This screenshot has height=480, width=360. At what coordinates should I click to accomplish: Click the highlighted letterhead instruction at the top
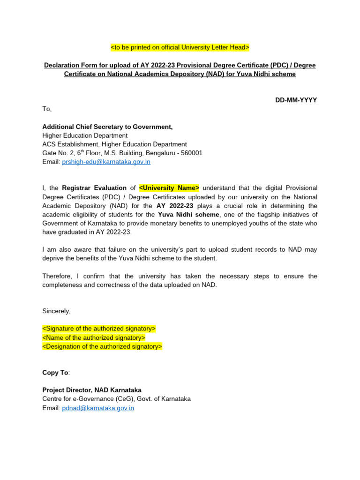[180, 47]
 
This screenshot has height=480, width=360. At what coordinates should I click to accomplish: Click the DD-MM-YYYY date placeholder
[296, 100]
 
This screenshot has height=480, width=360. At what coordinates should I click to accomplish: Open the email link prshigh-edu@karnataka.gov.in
[106, 162]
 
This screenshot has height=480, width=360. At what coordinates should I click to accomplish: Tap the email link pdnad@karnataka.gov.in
[98, 408]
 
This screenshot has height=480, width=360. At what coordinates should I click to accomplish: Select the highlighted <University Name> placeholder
[169, 188]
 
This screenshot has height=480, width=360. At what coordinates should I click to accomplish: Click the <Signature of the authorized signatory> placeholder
[99, 329]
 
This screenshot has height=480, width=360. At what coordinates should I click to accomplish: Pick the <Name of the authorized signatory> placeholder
[94, 337]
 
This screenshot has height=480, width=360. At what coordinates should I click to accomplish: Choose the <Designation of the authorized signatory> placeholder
[102, 346]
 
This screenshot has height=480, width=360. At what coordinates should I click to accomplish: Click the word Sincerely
[56, 311]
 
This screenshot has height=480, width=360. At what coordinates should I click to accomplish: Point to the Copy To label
[55, 372]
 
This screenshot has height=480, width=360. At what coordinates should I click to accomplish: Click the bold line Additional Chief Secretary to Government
[107, 127]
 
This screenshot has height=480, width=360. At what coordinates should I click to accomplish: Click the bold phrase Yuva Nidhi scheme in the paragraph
[188, 214]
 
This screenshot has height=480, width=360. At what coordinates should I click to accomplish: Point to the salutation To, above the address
[47, 109]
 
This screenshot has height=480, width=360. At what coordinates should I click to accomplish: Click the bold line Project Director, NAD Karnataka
[92, 390]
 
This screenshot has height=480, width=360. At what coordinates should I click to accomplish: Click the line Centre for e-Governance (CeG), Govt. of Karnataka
[116, 399]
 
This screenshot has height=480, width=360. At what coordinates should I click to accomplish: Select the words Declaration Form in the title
[68, 65]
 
